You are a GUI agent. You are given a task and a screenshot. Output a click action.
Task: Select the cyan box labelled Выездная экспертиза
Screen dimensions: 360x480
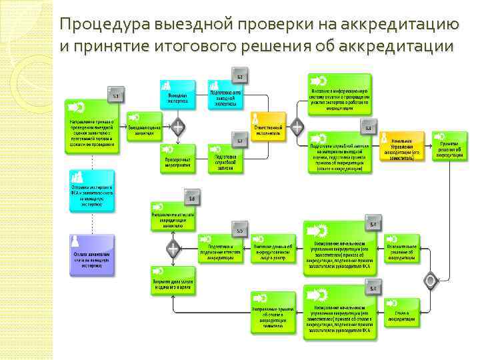(177, 96)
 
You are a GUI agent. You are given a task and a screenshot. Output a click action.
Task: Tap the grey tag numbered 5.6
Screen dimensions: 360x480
(191, 198)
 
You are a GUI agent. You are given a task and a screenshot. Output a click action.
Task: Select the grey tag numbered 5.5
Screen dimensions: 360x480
(239, 230)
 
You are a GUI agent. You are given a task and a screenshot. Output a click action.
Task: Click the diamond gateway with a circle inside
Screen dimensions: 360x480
(431, 279)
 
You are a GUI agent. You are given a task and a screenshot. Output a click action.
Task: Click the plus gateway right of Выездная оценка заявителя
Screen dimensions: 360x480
(177, 127)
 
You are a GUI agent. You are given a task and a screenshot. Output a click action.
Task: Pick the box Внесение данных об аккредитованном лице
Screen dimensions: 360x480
(272, 251)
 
